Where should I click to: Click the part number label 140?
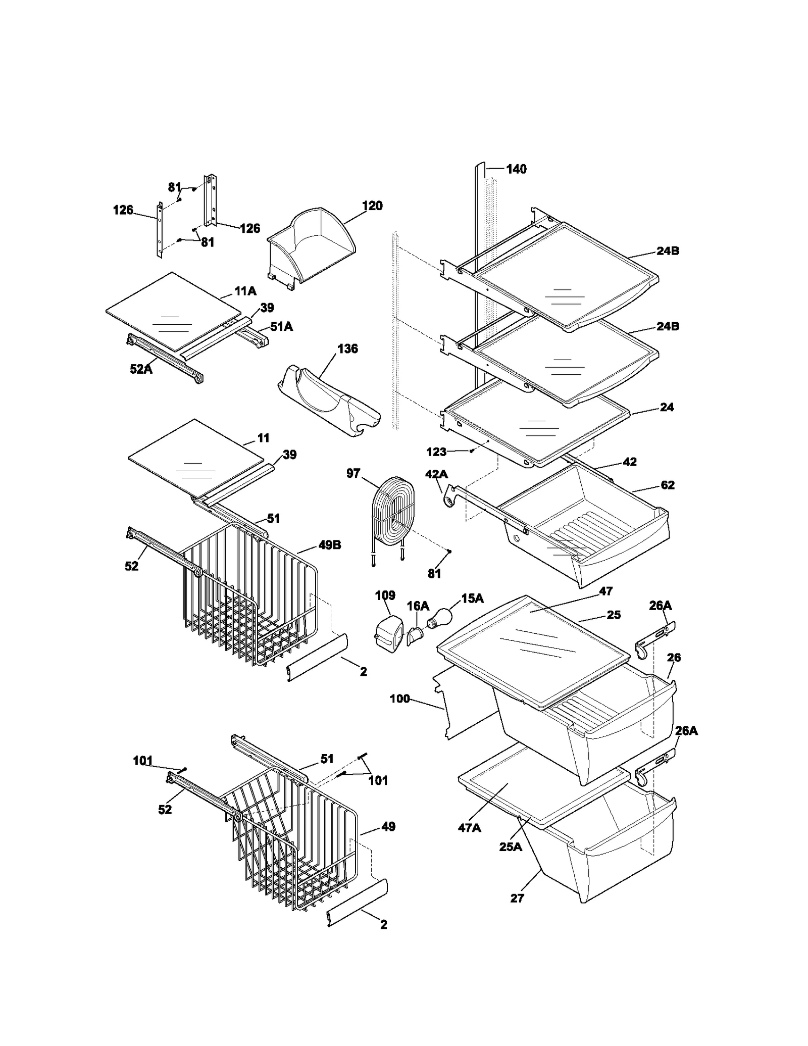pyautogui.click(x=516, y=169)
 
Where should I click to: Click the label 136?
pyautogui.click(x=347, y=349)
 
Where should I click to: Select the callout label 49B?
pyautogui.click(x=330, y=545)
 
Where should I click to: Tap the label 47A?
pyautogui.click(x=469, y=828)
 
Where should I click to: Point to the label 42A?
pyautogui.click(x=436, y=474)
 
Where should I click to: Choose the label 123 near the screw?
pyautogui.click(x=436, y=452)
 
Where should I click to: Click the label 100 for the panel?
pyautogui.click(x=399, y=700)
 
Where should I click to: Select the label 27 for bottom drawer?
pyautogui.click(x=517, y=899)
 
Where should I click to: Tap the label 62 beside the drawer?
pyautogui.click(x=667, y=485)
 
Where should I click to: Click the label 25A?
pyautogui.click(x=510, y=847)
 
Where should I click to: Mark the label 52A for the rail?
pyautogui.click(x=141, y=369)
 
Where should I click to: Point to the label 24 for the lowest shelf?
pyautogui.click(x=667, y=407)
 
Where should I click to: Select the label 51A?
pyautogui.click(x=281, y=327)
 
